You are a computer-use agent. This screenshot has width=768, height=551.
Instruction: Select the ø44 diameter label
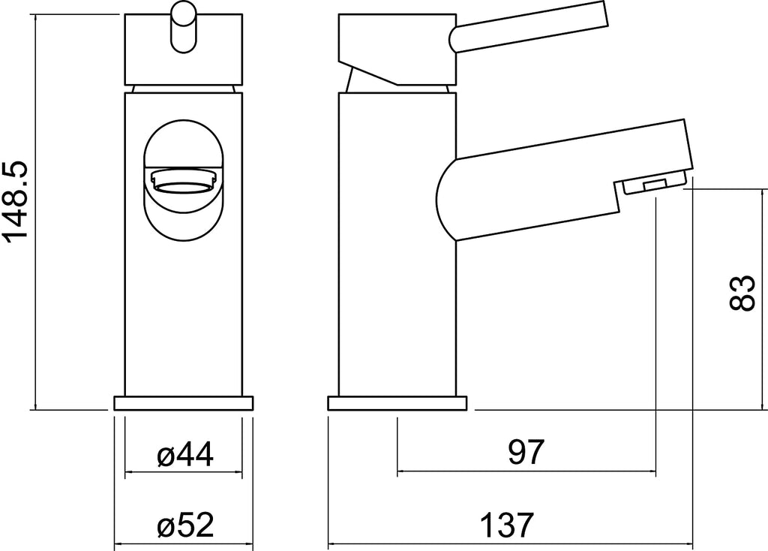185,454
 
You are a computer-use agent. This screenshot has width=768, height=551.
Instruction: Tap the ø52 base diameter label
185,525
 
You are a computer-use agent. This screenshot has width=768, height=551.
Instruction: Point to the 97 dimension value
526,453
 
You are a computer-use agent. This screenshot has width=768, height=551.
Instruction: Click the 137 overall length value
506,525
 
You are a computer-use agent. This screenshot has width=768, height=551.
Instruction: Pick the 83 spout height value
742,293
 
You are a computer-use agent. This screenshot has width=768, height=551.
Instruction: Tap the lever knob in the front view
184,27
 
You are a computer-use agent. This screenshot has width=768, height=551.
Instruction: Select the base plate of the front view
184,403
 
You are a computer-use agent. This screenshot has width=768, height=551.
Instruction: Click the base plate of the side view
397,403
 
